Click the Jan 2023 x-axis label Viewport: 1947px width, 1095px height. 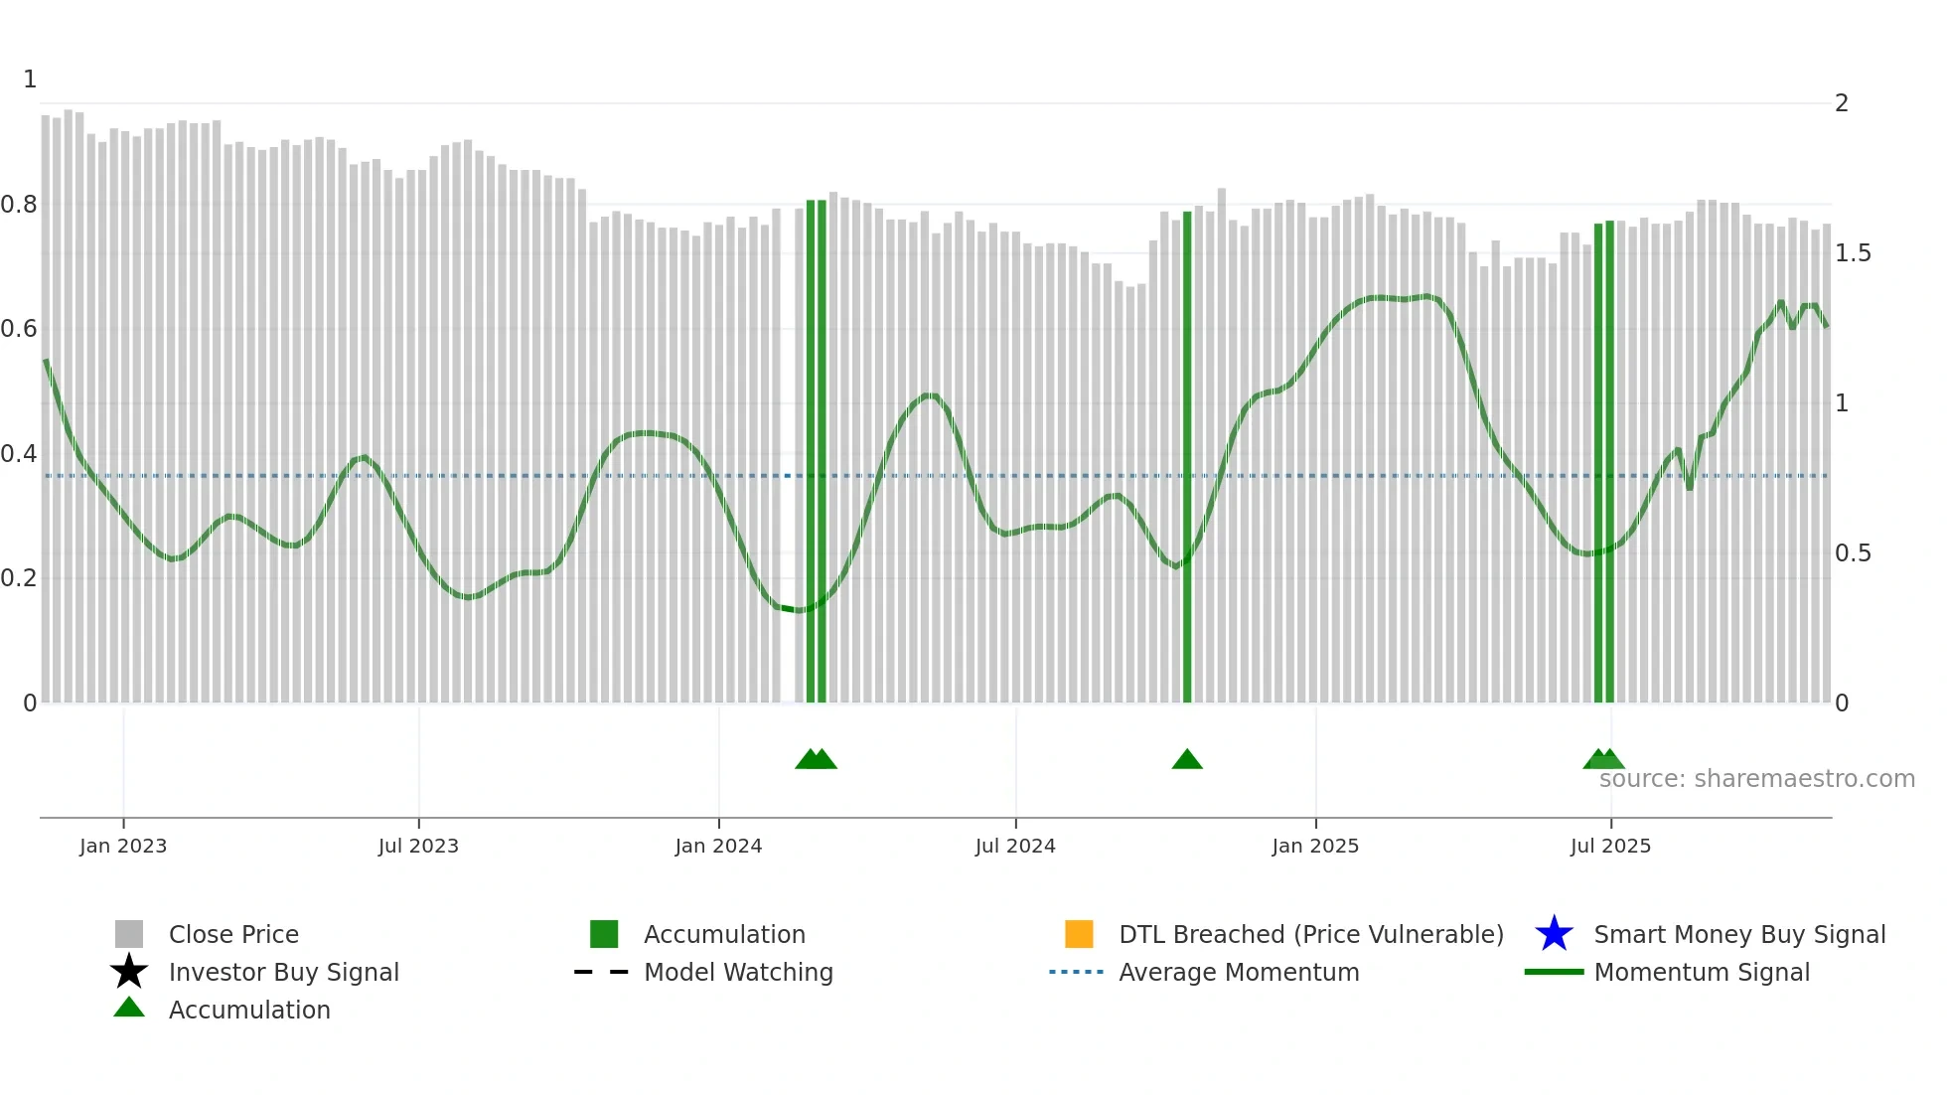click(123, 846)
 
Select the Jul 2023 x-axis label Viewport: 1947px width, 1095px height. click(418, 846)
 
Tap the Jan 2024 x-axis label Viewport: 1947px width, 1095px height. click(718, 846)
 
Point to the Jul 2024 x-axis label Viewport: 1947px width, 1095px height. click(1015, 846)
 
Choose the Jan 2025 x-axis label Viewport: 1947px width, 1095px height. click(1315, 846)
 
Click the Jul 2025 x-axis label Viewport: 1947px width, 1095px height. click(1610, 846)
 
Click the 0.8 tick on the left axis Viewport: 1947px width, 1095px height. click(19, 205)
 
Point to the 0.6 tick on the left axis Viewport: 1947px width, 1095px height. click(19, 329)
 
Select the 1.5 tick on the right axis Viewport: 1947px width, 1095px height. click(1853, 253)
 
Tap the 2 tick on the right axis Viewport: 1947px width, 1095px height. click(1842, 103)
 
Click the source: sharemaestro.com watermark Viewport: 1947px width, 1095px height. click(1756, 779)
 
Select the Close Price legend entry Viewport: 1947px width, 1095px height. click(233, 934)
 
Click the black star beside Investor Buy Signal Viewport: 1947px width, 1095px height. click(129, 972)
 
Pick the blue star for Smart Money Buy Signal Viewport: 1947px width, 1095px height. click(1554, 934)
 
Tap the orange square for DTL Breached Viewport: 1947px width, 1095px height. click(1079, 934)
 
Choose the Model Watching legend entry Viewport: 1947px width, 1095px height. click(738, 972)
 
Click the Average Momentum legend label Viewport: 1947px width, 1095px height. click(1239, 972)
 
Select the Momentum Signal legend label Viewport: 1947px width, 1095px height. click(1702, 972)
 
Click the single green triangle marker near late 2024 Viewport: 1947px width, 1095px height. click(1187, 760)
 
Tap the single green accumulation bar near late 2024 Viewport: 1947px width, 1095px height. click(1187, 457)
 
